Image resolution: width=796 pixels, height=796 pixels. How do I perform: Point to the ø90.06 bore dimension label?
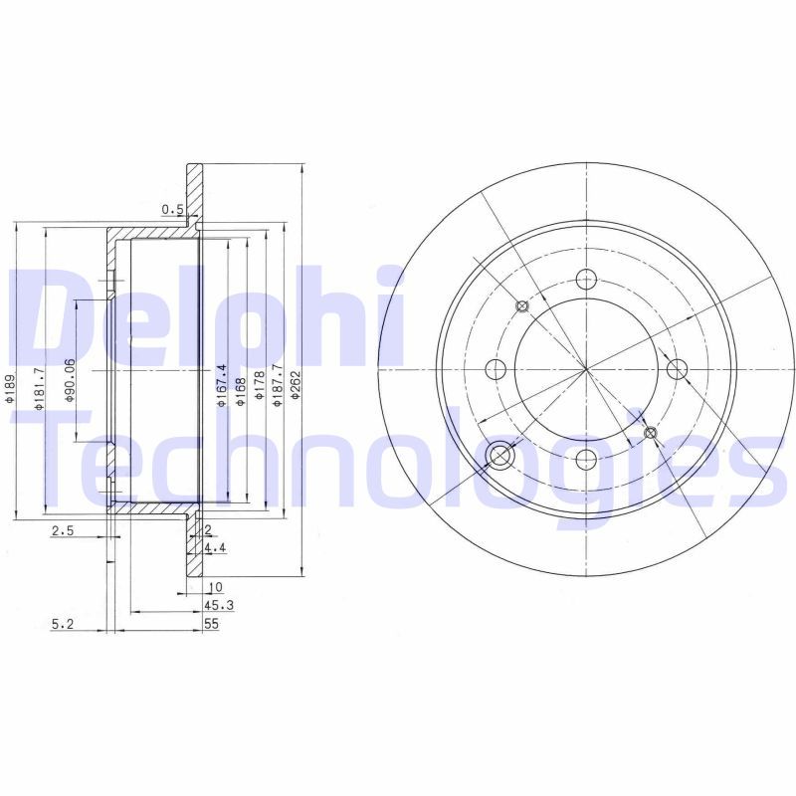click(70, 380)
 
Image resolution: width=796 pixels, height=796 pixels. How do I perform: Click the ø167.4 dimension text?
click(221, 385)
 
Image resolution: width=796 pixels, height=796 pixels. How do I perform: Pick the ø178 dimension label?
click(259, 389)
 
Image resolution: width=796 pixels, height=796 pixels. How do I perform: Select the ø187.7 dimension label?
click(278, 385)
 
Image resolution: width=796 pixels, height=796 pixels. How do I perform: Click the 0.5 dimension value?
click(172, 209)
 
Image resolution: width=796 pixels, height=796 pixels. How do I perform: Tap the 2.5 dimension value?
click(63, 531)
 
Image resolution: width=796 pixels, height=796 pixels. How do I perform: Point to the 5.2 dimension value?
click(63, 624)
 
